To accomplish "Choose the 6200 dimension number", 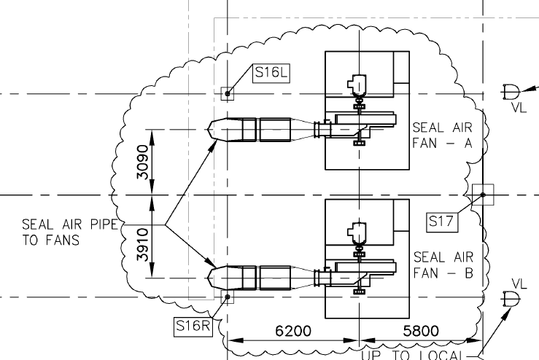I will coord(292,332).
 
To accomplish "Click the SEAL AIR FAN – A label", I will coord(443,135).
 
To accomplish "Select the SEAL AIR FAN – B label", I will coord(443,265).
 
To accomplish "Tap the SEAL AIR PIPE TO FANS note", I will coord(69,232).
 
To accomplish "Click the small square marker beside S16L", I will coord(228,93).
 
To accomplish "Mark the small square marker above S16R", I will coord(228,297).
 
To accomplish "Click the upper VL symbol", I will coord(512,93).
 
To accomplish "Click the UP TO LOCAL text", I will coord(412,355).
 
